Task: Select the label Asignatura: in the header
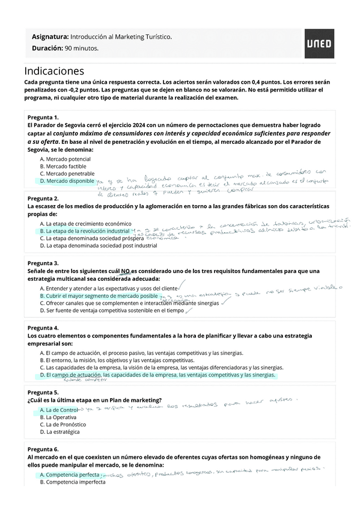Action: pos(50,37)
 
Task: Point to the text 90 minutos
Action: pos(82,48)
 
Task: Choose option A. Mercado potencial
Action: pos(65,159)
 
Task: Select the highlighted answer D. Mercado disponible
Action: pos(67,180)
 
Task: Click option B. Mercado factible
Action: pos(63,166)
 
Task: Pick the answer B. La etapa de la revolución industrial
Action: pos(84,231)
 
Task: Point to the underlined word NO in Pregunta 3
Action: pos(126,271)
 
